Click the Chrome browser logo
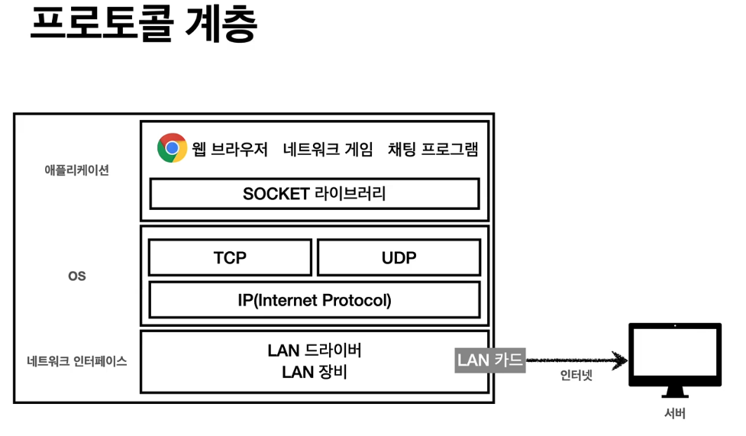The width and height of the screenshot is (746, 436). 173,148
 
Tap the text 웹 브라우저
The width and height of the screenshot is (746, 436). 231,149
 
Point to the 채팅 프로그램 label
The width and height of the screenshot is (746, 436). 433,149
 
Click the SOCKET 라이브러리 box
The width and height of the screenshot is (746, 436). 314,194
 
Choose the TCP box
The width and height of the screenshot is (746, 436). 230,258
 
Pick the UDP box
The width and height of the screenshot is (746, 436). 399,258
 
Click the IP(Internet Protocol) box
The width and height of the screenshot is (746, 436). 314,300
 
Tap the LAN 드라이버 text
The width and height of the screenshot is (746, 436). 314,350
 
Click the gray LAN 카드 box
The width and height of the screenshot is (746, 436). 489,360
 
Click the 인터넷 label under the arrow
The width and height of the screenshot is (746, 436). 576,376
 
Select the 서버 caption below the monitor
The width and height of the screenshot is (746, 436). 675,415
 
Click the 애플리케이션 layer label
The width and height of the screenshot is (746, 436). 77,170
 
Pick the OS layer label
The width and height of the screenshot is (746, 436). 77,276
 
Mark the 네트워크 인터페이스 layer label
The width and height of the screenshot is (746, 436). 77,362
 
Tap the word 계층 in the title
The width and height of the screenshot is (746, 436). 221,25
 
